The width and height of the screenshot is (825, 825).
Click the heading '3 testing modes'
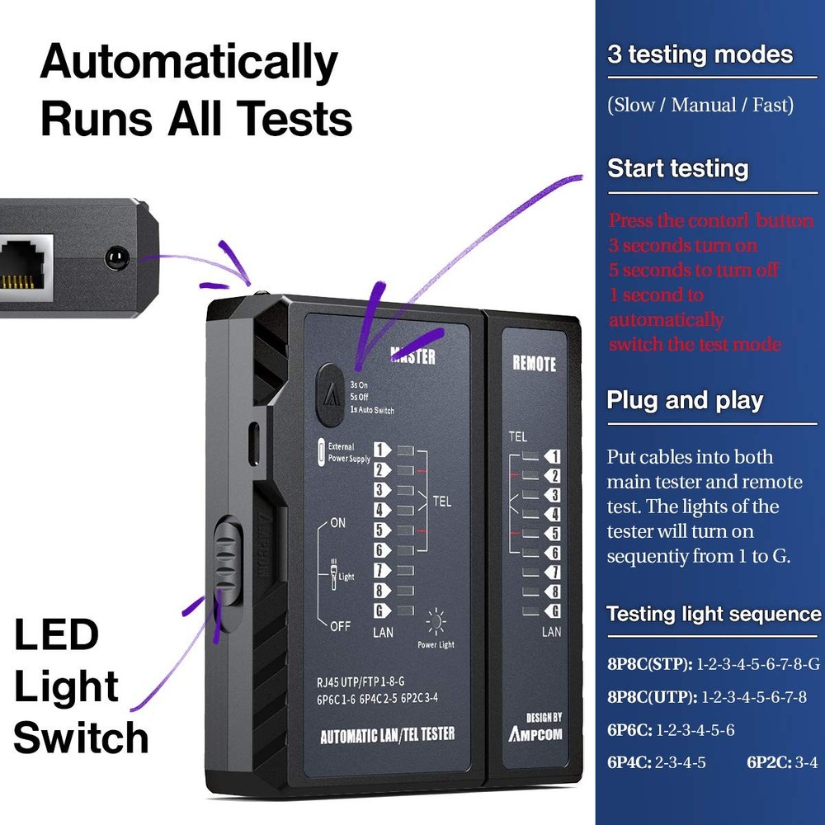[700, 55]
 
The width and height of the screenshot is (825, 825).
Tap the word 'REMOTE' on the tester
[534, 363]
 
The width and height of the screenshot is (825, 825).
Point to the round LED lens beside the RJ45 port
[117, 258]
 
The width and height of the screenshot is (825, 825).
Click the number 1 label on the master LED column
[381, 450]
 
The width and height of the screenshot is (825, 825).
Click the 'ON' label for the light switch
[338, 523]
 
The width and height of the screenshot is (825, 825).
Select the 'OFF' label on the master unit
[340, 626]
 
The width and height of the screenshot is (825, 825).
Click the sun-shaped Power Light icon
[436, 620]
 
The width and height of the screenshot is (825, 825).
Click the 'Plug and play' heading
[685, 401]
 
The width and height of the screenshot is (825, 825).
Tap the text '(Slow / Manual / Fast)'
[700, 106]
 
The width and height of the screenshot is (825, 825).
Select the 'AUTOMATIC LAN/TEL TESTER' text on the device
[387, 734]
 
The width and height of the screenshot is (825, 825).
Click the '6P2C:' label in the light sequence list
[770, 763]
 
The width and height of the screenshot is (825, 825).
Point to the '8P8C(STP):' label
[650, 664]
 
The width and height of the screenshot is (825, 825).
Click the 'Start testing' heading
[677, 169]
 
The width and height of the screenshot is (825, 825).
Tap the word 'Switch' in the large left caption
[81, 737]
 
